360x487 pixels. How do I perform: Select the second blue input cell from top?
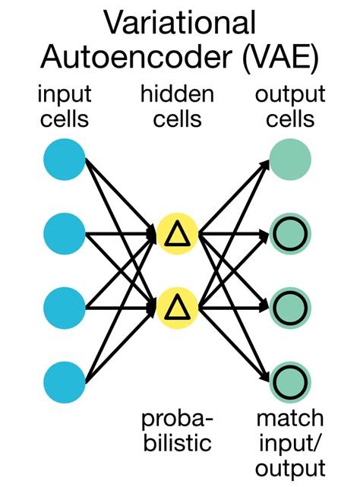coord(65,234)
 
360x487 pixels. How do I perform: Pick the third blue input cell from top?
coord(65,308)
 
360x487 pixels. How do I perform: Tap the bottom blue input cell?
coord(65,381)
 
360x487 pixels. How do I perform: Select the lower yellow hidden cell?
coord(178,308)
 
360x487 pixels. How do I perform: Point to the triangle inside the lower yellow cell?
coord(178,308)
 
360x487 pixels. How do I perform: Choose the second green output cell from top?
coord(290,234)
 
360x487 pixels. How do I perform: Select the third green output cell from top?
coord(290,308)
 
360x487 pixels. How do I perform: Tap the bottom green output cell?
coord(290,381)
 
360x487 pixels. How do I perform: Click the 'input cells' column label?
coord(65,106)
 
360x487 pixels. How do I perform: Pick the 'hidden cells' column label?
coord(176,106)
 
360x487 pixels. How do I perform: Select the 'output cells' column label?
coord(289,106)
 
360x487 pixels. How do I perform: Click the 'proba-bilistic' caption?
coord(176,430)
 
